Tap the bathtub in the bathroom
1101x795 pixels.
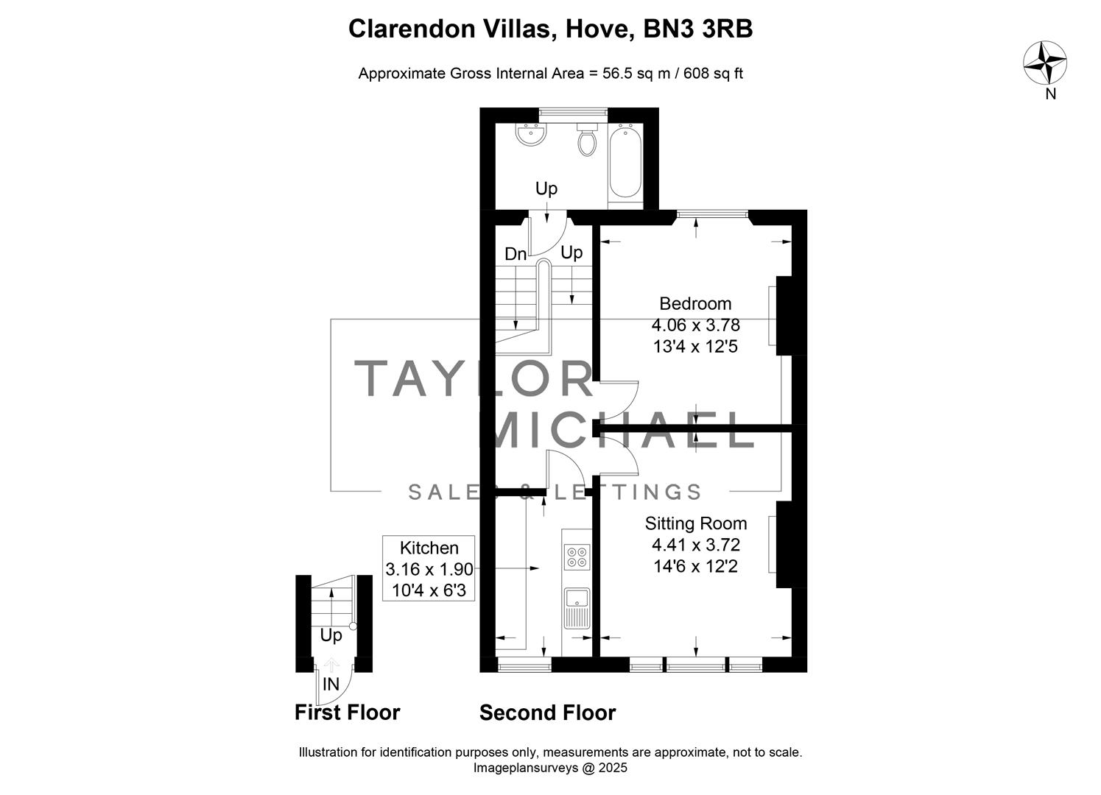625,162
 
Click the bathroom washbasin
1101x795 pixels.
531,135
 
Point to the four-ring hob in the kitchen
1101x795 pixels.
577,556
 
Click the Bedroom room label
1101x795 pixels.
695,303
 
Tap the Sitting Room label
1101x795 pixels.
695,523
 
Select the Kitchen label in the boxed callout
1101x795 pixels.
429,548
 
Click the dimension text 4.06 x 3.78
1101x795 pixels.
695,325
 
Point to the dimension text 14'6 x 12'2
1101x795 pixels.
695,566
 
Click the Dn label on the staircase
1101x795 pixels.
516,255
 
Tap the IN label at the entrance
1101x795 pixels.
331,685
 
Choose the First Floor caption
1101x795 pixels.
347,713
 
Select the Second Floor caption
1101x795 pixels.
547,713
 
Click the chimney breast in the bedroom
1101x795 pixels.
784,316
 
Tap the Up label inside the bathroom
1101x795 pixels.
546,188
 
